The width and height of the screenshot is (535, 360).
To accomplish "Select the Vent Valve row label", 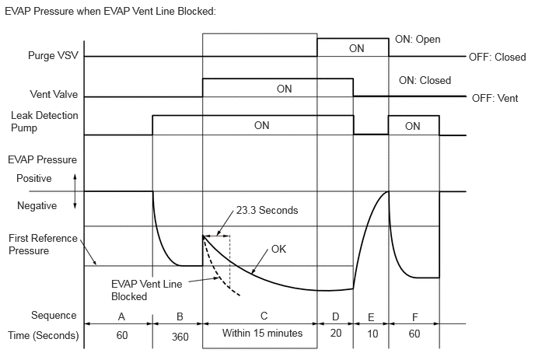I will point(53,96).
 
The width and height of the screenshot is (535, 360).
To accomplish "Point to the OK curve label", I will point(279,250).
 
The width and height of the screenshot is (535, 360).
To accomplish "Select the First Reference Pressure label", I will point(43,245).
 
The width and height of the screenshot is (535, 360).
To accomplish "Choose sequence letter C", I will point(264,316).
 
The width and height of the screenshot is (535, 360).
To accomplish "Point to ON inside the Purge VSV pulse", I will point(356,48).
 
